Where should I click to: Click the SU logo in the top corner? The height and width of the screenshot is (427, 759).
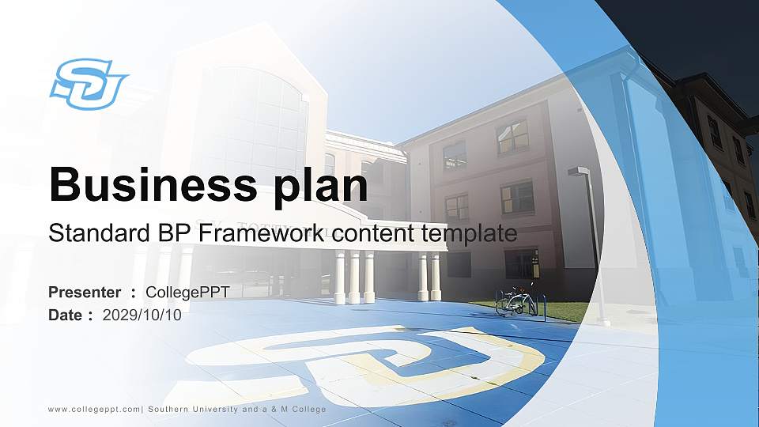pyautogui.click(x=88, y=84)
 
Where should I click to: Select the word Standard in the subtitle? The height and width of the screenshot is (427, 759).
pyautogui.click(x=90, y=233)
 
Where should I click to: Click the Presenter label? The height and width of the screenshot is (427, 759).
pyautogui.click(x=85, y=293)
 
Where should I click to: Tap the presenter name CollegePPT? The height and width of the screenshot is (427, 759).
pyautogui.click(x=187, y=293)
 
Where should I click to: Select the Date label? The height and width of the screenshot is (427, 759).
pyautogui.click(x=66, y=315)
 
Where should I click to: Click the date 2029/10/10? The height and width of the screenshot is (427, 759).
pyautogui.click(x=142, y=315)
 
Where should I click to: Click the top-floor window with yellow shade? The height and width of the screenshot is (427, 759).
pyautogui.click(x=512, y=137)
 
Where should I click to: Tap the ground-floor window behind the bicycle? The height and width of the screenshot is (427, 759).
pyautogui.click(x=522, y=264)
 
